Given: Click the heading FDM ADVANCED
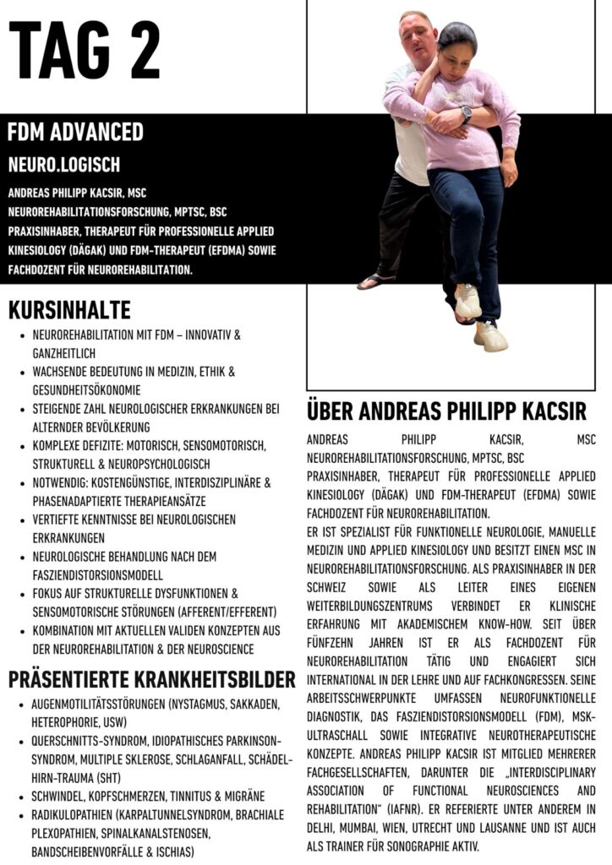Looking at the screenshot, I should point(75,133).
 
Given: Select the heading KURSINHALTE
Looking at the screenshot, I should point(69,309).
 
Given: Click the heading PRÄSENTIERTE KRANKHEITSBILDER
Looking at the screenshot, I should point(151,679).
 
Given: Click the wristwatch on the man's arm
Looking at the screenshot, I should point(466,113).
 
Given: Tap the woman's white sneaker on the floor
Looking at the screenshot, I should point(491,335).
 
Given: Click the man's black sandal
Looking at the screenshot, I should point(375,280).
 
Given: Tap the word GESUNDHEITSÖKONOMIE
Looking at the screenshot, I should point(85,389).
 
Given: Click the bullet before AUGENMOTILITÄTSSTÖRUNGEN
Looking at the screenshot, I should point(20,705).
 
